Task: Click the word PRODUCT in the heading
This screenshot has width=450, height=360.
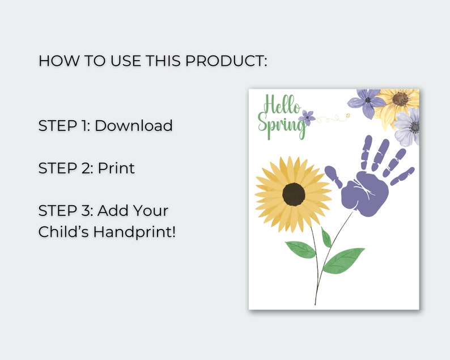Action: tap(224, 61)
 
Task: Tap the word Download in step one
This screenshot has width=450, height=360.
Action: tap(133, 125)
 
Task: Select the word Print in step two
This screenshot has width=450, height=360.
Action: tap(116, 168)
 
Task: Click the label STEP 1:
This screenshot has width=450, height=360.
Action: tap(64, 125)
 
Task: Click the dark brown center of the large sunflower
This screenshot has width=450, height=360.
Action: tap(294, 194)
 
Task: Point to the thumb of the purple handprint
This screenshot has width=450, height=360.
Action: tap(333, 177)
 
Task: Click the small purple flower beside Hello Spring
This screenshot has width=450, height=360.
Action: tap(308, 117)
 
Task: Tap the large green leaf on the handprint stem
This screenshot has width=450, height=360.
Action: tap(343, 260)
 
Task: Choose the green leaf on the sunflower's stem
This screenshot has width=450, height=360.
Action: tap(300, 249)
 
